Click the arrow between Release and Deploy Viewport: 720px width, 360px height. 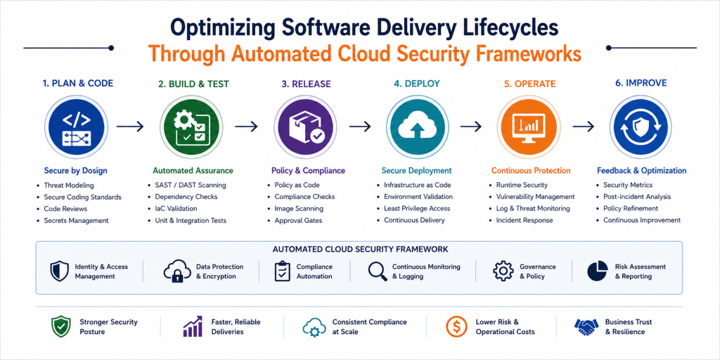click(360, 127)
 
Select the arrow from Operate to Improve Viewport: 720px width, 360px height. click(584, 127)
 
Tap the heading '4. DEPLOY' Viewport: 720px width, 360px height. click(416, 84)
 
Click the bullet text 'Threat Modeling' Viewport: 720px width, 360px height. click(69, 186)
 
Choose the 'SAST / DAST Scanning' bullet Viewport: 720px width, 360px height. click(187, 185)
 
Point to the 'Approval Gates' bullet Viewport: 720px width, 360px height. click(298, 220)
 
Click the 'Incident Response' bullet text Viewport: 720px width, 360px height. click(525, 220)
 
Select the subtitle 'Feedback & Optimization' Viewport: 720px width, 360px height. click(641, 170)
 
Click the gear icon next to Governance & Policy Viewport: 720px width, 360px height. click(503, 271)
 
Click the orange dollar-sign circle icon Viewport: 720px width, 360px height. click(456, 327)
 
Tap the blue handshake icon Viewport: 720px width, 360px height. click(586, 327)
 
